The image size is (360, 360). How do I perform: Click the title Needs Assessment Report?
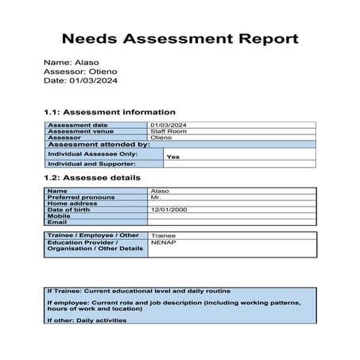180,38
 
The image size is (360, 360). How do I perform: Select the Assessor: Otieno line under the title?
81,71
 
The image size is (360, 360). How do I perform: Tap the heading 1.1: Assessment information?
110,112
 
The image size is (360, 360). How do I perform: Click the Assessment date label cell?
77,125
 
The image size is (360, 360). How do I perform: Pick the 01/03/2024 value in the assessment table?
168,125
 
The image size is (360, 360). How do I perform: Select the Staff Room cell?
164,131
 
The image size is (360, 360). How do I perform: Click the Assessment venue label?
80,131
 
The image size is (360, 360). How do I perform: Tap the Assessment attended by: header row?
99,145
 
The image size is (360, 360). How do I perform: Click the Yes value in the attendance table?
173,157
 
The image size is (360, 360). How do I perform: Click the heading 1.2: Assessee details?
92,178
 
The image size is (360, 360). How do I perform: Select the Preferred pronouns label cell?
81,197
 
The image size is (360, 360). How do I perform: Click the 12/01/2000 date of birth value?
168,209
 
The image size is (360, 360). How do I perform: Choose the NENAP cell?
162,243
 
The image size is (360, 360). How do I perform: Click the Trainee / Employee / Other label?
92,235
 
